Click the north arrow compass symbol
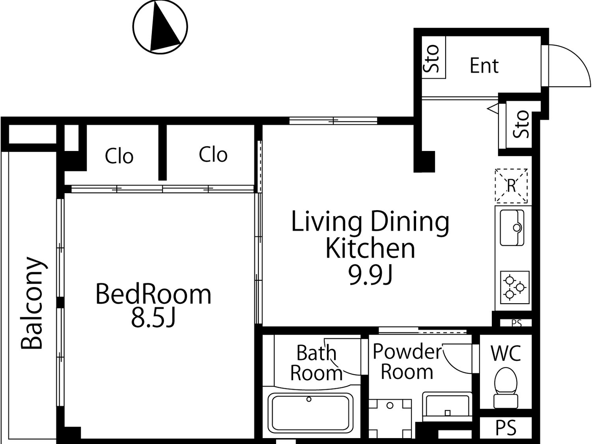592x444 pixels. click(160, 27)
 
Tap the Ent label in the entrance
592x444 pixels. click(484, 66)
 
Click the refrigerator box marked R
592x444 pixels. click(511, 186)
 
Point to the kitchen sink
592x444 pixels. click(512, 228)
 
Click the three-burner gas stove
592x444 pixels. click(515, 288)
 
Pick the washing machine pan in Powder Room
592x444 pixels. click(390, 418)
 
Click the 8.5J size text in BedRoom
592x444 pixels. click(153, 318)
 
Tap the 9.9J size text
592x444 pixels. click(370, 274)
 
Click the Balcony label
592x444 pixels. click(33, 303)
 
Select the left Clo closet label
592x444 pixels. click(119, 156)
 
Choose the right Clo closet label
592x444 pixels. click(213, 154)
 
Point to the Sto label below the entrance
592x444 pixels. click(521, 124)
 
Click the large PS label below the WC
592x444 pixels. click(506, 428)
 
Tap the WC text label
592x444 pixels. click(506, 353)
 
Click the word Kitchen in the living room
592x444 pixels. click(370, 248)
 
